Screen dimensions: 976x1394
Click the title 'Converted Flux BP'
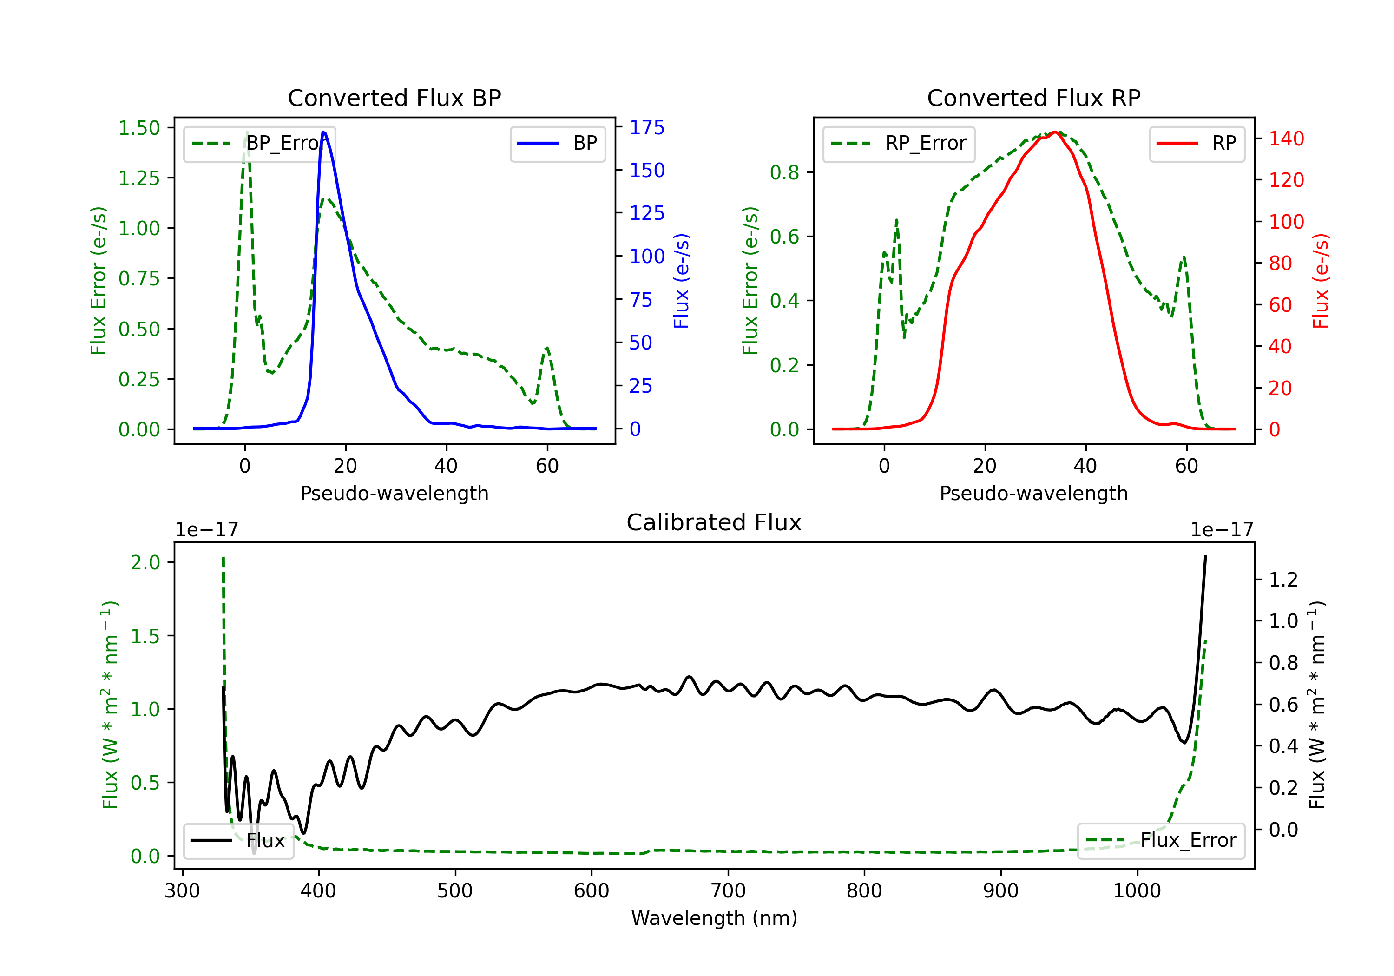click(394, 98)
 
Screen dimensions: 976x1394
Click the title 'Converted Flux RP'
click(1033, 98)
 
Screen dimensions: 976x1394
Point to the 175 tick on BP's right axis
click(647, 127)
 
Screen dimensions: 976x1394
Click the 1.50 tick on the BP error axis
click(139, 128)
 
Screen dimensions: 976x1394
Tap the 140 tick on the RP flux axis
click(1286, 139)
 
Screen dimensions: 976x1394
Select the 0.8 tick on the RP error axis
click(784, 172)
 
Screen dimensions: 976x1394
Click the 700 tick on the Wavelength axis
click(727, 891)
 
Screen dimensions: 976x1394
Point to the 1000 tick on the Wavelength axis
click(1137, 891)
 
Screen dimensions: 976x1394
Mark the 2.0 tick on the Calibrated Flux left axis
click(145, 562)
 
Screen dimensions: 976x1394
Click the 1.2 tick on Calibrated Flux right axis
click(1283, 580)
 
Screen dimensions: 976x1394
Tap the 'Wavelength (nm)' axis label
click(714, 918)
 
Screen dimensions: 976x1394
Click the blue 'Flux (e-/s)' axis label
click(681, 281)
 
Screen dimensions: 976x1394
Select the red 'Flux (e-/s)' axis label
click(1321, 281)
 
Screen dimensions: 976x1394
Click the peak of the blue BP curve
click(323, 132)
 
